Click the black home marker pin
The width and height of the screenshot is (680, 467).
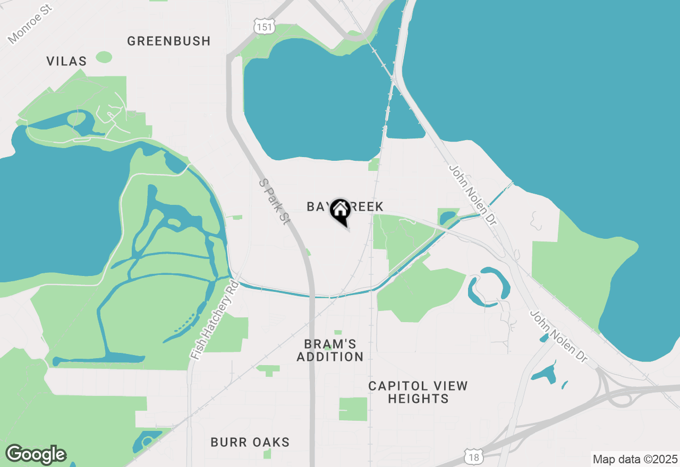340,211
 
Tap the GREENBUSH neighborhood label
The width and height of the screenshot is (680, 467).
169,41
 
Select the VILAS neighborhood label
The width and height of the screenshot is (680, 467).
66,61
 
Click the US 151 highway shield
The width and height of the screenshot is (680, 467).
264,26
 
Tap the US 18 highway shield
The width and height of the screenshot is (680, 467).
474,456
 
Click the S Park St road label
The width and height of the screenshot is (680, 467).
274,201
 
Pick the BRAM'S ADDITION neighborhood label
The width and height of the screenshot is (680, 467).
330,350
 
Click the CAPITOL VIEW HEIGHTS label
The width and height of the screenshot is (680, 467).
418,392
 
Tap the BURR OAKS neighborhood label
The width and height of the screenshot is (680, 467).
250,442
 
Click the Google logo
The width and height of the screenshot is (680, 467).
36,454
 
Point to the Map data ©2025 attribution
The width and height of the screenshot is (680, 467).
635,459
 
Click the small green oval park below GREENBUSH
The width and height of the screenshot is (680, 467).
104,57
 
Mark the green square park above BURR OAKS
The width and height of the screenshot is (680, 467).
353,409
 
